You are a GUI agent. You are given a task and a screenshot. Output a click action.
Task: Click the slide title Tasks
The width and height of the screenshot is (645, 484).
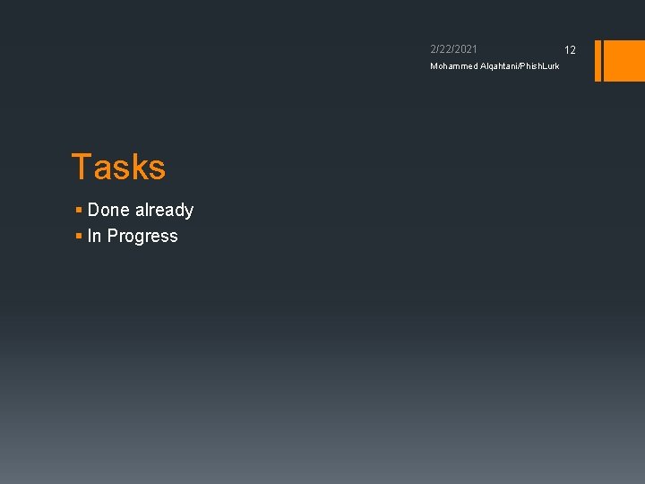118,168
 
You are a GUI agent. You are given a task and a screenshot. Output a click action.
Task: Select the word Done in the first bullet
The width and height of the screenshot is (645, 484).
108,210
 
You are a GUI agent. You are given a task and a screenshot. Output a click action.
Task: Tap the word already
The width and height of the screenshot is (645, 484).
164,210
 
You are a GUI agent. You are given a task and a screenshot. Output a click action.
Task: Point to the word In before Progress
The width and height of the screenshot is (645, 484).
94,236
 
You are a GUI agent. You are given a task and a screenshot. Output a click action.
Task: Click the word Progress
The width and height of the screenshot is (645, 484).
142,237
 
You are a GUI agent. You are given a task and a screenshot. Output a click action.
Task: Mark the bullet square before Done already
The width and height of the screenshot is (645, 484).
79,210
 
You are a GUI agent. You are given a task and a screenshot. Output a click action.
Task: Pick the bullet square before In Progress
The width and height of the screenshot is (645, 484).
79,236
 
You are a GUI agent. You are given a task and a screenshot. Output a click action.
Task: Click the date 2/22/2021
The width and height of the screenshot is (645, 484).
453,49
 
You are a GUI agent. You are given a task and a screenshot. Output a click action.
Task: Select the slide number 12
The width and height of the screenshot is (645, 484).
570,50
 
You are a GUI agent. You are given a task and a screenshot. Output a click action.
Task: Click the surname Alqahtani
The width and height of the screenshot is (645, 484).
504,66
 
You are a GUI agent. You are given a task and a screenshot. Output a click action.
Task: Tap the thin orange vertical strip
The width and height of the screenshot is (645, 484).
598,60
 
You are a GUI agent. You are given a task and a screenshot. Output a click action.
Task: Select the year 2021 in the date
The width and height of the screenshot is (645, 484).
466,49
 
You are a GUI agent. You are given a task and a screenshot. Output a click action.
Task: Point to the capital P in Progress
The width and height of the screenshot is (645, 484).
113,236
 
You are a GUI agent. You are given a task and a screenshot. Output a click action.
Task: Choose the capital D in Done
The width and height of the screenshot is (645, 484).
94,210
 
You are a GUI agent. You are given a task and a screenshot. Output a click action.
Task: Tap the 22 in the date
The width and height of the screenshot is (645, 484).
445,49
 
